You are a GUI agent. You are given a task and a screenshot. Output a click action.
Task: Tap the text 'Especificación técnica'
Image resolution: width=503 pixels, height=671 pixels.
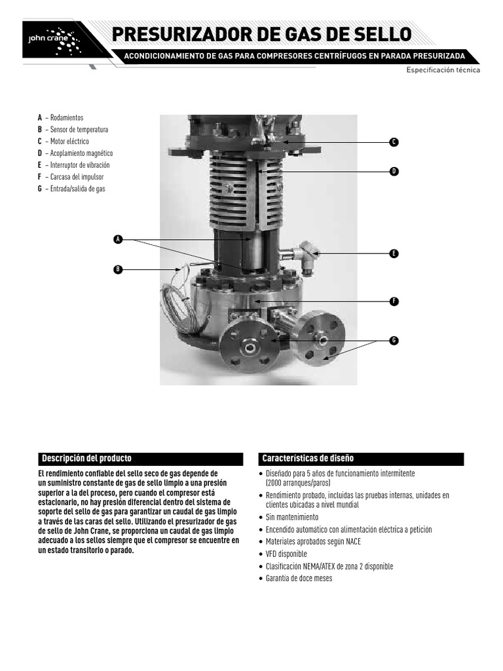coord(443,69)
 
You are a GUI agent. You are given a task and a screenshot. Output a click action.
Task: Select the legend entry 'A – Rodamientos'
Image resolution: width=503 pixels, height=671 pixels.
coord(61,117)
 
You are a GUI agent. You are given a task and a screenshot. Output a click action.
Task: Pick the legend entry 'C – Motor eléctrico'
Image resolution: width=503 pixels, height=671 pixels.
coord(64,141)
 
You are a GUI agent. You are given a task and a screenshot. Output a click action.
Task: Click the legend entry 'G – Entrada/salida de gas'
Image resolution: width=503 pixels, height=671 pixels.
coord(71,188)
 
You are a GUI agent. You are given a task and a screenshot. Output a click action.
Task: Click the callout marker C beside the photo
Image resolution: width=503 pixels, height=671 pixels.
coord(394,142)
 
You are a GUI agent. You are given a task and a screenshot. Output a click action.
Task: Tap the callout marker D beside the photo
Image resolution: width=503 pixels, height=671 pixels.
coord(394,171)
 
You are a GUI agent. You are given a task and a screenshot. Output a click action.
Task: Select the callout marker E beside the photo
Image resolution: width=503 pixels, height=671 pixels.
coord(394,253)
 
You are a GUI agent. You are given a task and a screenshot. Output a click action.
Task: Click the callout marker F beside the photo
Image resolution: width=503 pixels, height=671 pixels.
coord(394,301)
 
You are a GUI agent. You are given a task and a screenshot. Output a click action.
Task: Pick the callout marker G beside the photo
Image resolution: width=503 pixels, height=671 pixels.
coord(394,340)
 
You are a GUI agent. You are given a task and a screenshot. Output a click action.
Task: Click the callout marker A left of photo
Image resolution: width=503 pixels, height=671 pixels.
coord(118,239)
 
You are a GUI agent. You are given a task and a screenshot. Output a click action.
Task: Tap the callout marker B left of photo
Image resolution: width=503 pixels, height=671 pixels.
coord(118,269)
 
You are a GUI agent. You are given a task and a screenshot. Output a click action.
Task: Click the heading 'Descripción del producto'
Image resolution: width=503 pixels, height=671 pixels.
coord(87,458)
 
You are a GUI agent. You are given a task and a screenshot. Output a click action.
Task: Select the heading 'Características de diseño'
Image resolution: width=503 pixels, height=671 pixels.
coord(308,458)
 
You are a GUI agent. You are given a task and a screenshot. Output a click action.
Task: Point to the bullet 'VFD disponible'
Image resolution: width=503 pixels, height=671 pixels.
coord(286,554)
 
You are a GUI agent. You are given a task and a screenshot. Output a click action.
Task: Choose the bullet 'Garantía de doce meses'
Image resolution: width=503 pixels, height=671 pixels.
coord(299,578)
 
